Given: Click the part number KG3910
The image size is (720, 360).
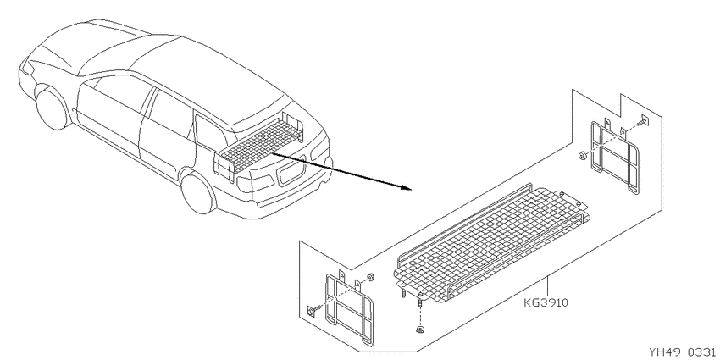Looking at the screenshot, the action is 546,303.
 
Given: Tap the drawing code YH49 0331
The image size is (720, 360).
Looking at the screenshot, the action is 684,352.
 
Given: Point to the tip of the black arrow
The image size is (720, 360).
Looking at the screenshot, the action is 410,188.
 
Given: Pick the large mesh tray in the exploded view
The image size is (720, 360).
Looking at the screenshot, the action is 491,242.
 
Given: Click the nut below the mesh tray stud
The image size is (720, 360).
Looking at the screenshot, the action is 419,330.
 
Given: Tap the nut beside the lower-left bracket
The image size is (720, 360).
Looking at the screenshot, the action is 370,277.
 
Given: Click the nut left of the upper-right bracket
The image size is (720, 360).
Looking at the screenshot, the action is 582,156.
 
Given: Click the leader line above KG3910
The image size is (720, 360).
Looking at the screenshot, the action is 547,287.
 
